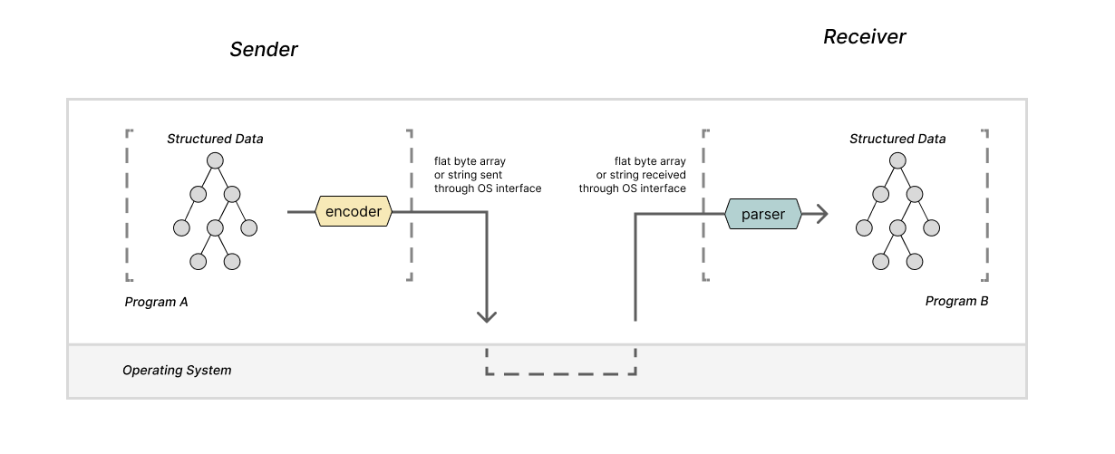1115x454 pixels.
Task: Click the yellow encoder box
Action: (354, 212)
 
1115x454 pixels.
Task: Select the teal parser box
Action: (762, 215)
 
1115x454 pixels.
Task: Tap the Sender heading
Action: (263, 50)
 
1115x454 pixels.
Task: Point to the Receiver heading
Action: (864, 37)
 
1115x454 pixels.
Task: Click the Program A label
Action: (156, 302)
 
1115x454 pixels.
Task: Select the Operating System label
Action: (177, 371)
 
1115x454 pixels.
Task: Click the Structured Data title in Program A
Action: (215, 139)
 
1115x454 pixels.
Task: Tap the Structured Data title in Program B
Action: (897, 139)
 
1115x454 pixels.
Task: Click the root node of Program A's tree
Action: (215, 160)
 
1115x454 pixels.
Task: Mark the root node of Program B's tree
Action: (897, 160)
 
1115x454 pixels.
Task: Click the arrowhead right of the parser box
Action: (820, 215)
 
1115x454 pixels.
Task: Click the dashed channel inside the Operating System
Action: (561, 373)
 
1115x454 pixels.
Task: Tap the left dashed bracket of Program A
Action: (128, 205)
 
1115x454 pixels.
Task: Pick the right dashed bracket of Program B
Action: (985, 205)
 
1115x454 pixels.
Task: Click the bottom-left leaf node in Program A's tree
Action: (199, 261)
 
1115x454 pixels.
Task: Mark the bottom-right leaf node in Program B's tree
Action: (915, 261)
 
